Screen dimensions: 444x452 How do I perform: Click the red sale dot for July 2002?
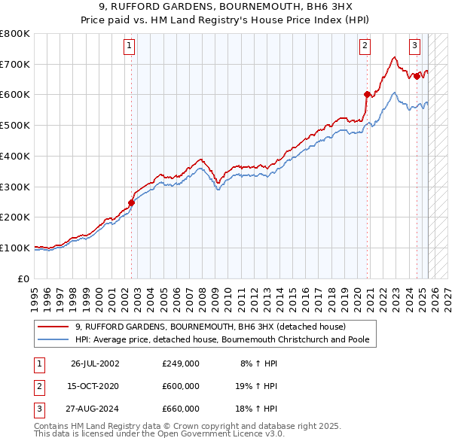click(x=131, y=202)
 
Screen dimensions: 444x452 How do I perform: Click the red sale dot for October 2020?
click(x=368, y=94)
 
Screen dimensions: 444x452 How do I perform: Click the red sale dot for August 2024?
click(x=417, y=76)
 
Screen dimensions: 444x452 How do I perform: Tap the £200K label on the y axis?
click(x=17, y=217)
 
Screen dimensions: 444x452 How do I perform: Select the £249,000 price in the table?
click(x=181, y=363)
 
